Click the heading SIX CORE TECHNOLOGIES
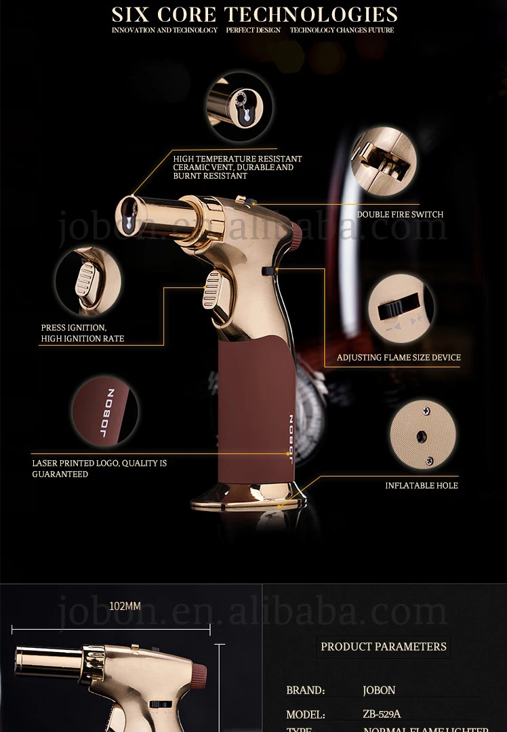click(x=254, y=14)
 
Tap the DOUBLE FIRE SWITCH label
click(x=400, y=215)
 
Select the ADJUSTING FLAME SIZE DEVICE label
click(x=399, y=357)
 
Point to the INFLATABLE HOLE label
click(x=422, y=485)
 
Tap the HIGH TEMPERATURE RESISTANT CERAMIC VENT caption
click(x=237, y=167)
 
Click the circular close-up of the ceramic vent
click(x=239, y=107)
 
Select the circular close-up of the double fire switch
click(x=384, y=161)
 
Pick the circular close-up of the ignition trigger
click(x=87, y=281)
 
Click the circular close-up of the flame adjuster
click(x=401, y=308)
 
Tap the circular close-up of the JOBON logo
click(x=105, y=411)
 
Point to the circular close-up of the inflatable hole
click(x=423, y=434)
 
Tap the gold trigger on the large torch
click(x=213, y=289)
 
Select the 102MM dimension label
click(x=125, y=606)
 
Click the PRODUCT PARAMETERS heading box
click(x=384, y=647)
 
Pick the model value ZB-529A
click(x=382, y=714)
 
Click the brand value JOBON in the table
click(x=379, y=690)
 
